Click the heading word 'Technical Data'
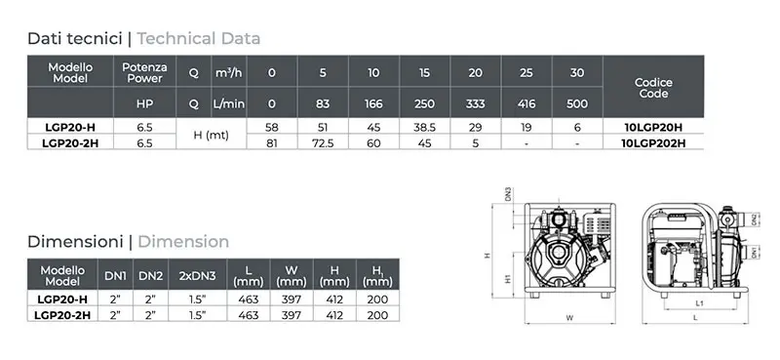click(199, 38)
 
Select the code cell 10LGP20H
click(653, 127)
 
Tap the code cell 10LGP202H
click(653, 142)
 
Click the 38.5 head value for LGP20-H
click(424, 127)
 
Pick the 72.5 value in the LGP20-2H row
click(323, 142)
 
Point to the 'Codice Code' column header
click(653, 88)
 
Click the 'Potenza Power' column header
click(144, 73)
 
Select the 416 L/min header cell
click(526, 103)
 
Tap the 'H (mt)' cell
click(211, 135)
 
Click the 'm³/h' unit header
click(228, 73)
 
